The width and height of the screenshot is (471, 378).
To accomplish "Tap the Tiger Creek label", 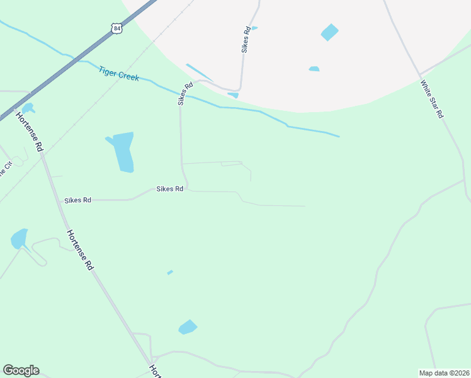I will pyautogui.click(x=118, y=73).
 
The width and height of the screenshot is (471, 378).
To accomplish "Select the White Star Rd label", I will pyautogui.click(x=432, y=100).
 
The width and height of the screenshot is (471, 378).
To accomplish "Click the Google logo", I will pyautogui.click(x=21, y=370).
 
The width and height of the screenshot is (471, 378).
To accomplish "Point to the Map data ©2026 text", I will pyautogui.click(x=444, y=373).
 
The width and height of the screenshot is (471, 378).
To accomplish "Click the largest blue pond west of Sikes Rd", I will pyautogui.click(x=122, y=151).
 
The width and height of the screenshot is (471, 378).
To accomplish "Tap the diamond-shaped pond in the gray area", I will pyautogui.click(x=329, y=32).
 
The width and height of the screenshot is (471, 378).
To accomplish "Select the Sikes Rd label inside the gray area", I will pyautogui.click(x=247, y=39).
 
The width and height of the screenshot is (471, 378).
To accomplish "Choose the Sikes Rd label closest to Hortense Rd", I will pyautogui.click(x=77, y=200).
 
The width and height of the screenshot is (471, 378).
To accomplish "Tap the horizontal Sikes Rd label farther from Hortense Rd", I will pyautogui.click(x=170, y=189).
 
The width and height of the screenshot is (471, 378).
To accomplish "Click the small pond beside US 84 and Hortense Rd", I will pyautogui.click(x=28, y=108).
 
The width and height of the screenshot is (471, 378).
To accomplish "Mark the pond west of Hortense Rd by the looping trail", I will pyautogui.click(x=19, y=239).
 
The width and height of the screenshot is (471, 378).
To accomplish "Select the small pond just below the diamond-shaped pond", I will pyautogui.click(x=314, y=69).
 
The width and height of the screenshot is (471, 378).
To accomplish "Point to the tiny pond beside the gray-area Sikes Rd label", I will pyautogui.click(x=254, y=28).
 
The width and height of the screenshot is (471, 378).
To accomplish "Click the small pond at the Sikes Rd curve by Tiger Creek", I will pyautogui.click(x=234, y=95).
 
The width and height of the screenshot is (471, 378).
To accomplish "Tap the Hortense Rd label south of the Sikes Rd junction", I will pyautogui.click(x=79, y=250).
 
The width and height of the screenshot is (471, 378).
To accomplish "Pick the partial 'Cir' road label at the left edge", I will pyautogui.click(x=8, y=169).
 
